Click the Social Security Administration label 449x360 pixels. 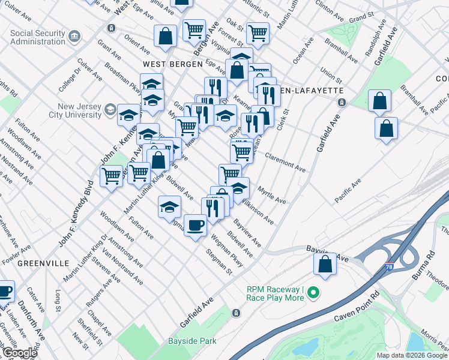(x=37, y=37)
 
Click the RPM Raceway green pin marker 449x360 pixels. (x=313, y=293)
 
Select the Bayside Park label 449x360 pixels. (x=191, y=341)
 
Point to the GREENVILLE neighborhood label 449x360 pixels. (x=41, y=263)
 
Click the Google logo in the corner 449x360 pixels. (x=19, y=353)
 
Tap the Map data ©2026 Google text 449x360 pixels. (x=412, y=355)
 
